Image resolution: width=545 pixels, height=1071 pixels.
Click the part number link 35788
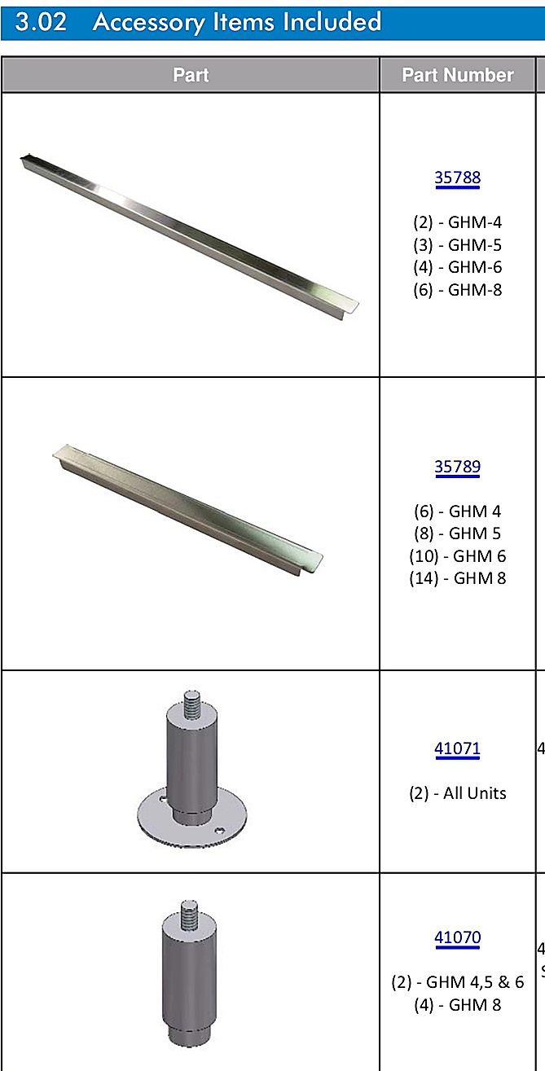[x=458, y=178]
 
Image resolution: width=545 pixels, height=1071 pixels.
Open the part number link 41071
[x=457, y=748]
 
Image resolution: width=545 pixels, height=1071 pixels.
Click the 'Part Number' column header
[x=458, y=75]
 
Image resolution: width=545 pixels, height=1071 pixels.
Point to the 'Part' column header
[x=191, y=75]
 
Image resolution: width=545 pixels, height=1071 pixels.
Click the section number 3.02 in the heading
[x=41, y=21]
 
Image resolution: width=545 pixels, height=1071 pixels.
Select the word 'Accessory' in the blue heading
[x=149, y=23]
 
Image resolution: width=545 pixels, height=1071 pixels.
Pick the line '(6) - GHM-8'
[x=458, y=290]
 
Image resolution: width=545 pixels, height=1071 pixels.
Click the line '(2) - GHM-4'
[x=458, y=222]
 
